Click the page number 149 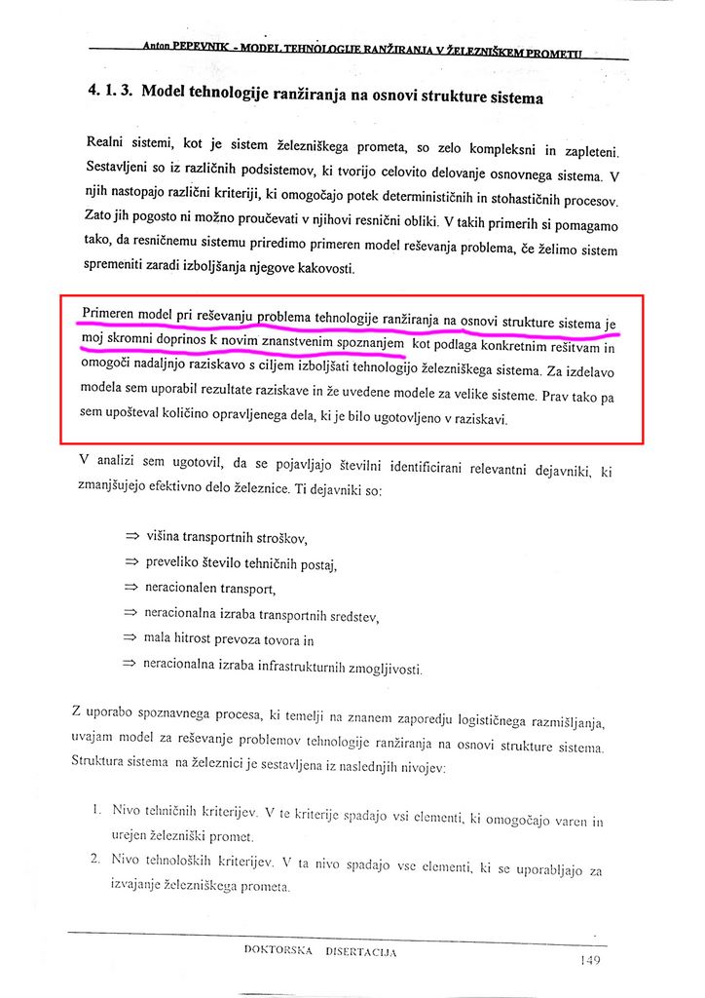coord(589,960)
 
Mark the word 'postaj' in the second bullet coord(320,563)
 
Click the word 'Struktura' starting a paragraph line coord(102,762)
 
